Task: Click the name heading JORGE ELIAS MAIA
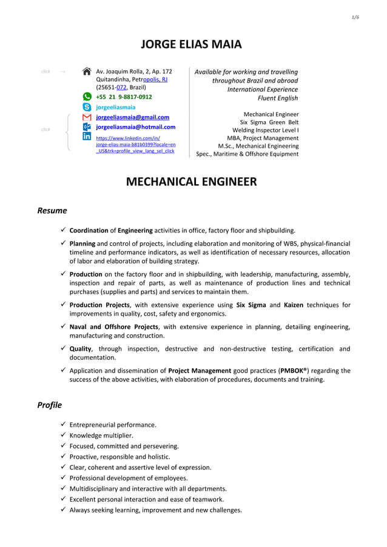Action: pos(191,44)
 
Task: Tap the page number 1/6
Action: pos(355,17)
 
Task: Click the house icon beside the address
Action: pos(87,72)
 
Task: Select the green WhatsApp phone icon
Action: pos(87,97)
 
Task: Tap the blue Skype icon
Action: pos(87,107)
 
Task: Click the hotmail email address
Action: pos(136,127)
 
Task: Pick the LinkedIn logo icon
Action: pos(87,138)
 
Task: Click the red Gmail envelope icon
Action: pos(87,117)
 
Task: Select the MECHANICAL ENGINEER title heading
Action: pos(191,182)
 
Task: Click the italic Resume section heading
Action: pos(52,211)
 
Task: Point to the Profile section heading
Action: pos(50,405)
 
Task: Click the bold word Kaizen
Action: pos(298,305)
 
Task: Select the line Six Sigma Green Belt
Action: pos(269,122)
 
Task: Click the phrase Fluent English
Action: pos(278,98)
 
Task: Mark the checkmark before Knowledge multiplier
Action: pos(63,436)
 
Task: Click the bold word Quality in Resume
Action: pos(80,349)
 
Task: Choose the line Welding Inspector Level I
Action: pos(266,130)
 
